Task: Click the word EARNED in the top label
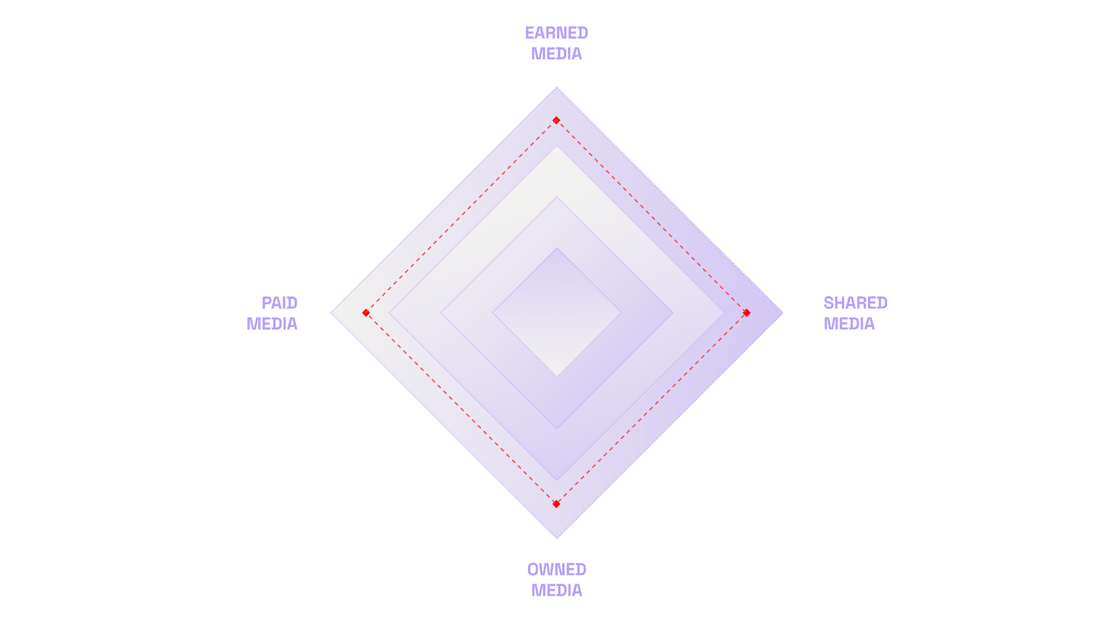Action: [x=556, y=33]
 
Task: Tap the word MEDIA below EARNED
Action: [x=556, y=54]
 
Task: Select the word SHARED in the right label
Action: [x=855, y=303]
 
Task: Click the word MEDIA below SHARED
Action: [x=849, y=324]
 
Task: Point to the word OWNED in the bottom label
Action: [x=556, y=570]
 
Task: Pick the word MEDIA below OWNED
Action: [x=556, y=591]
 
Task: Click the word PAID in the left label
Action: [x=279, y=303]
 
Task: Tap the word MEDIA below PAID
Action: [x=272, y=324]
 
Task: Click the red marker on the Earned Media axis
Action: [x=556, y=121]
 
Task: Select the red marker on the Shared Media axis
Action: [x=747, y=313]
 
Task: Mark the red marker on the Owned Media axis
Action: [x=556, y=504]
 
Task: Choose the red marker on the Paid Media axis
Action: [x=366, y=313]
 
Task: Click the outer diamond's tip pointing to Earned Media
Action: [x=557, y=88]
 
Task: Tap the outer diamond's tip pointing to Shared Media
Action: [x=782, y=313]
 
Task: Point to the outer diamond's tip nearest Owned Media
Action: [x=557, y=537]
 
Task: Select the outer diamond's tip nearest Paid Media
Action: [x=332, y=313]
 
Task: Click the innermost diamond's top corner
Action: [x=557, y=249]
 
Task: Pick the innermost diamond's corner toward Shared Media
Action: [x=621, y=313]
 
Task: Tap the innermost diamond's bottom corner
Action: [x=557, y=376]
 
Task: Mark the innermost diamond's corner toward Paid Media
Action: [x=493, y=313]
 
